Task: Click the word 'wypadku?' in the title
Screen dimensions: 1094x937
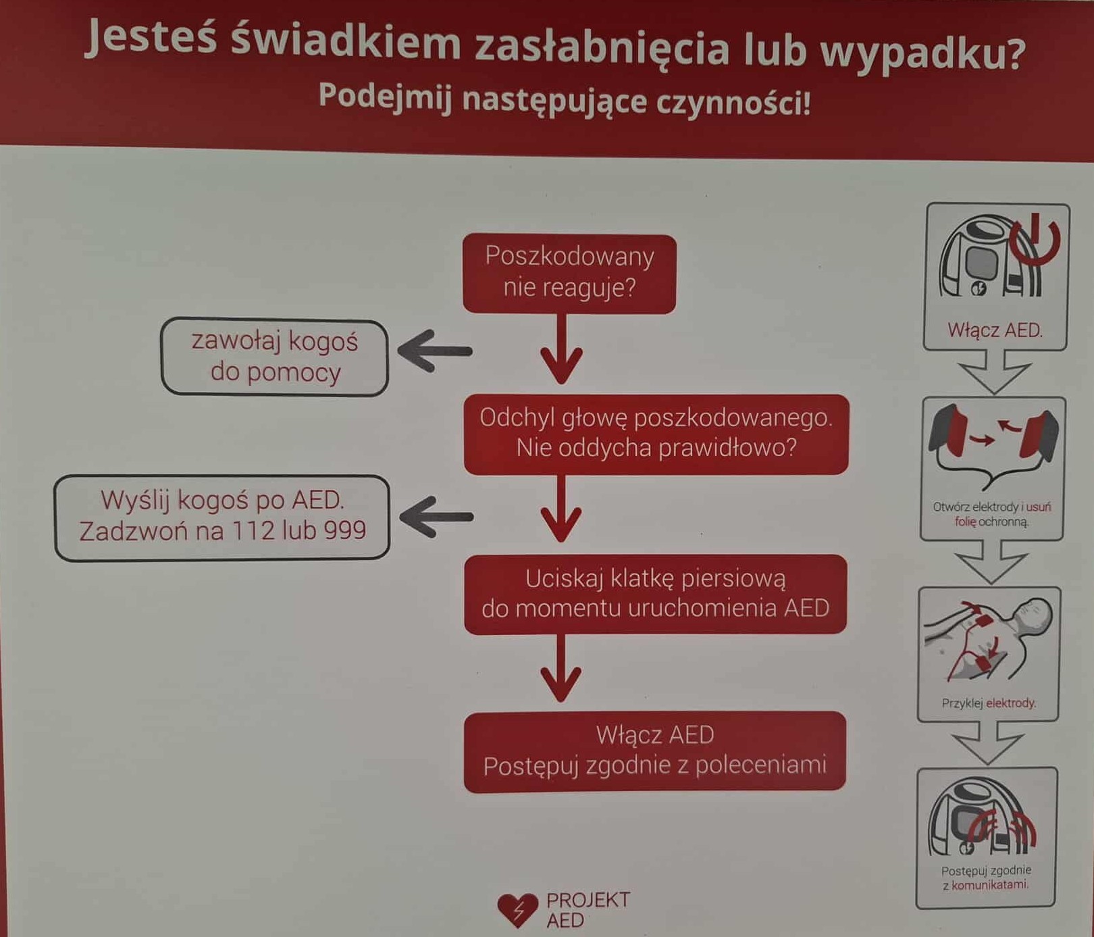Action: (922, 52)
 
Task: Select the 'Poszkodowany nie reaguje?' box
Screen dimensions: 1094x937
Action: (569, 274)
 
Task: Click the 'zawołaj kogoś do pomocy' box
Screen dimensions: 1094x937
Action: (274, 357)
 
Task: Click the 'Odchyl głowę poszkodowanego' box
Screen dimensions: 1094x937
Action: (656, 434)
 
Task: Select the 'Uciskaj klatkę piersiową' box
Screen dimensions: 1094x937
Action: (655, 594)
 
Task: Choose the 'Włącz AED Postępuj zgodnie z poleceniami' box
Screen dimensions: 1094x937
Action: (654, 751)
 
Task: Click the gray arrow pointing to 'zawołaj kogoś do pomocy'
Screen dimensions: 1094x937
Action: (435, 351)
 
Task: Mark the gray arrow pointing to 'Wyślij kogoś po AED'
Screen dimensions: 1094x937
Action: (436, 517)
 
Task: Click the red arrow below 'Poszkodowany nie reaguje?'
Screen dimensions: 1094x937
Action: (561, 349)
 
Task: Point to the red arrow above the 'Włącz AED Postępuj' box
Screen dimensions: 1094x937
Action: (561, 667)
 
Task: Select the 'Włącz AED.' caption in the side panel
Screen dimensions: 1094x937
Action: (995, 330)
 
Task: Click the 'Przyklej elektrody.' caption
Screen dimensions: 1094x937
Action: (989, 703)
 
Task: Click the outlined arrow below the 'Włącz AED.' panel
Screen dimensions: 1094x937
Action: (994, 372)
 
